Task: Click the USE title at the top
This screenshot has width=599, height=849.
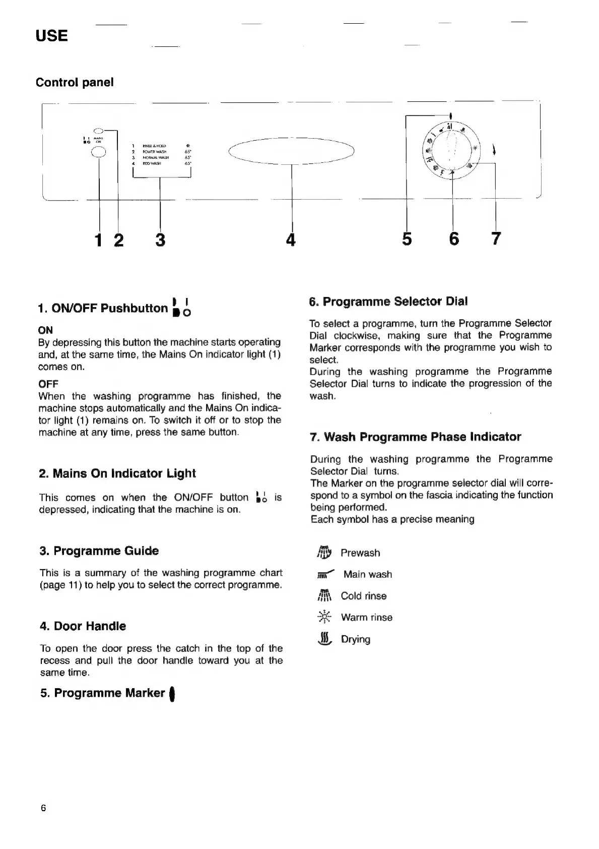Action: pyautogui.click(x=51, y=36)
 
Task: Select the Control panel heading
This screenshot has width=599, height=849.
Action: pyautogui.click(x=75, y=82)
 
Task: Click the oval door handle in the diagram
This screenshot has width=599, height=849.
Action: pyautogui.click(x=292, y=150)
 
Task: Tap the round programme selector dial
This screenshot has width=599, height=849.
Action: pyautogui.click(x=452, y=150)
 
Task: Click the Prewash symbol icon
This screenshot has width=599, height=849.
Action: pyautogui.click(x=324, y=553)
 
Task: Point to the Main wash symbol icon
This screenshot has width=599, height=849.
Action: pyautogui.click(x=325, y=575)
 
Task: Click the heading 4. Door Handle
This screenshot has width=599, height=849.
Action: pyautogui.click(x=83, y=626)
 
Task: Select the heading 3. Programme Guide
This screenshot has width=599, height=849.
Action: pyautogui.click(x=99, y=551)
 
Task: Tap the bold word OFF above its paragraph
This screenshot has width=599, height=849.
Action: pyautogui.click(x=48, y=384)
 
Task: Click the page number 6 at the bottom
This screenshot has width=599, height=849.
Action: pyautogui.click(x=43, y=808)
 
